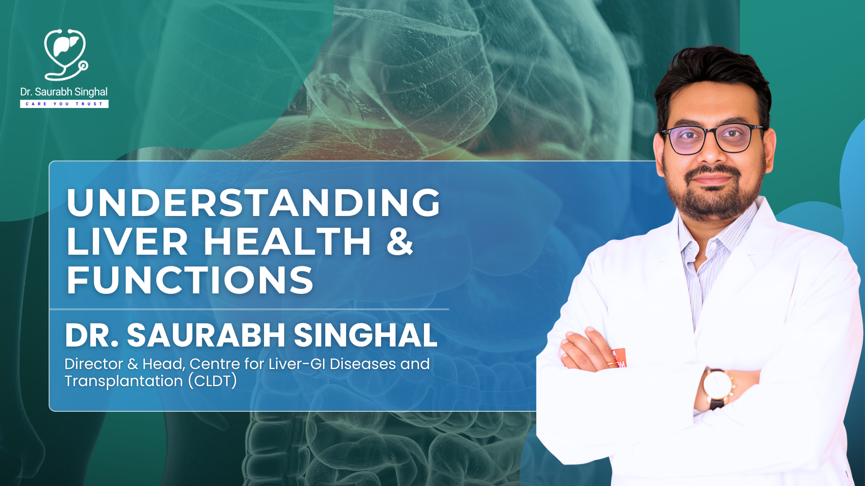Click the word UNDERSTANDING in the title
[x=253, y=203]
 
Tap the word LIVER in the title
[x=127, y=242]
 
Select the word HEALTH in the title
[x=287, y=242]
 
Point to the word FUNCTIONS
[x=190, y=281]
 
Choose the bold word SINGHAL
[x=365, y=335]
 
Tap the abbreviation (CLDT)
[x=213, y=381]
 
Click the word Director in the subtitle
[x=94, y=364]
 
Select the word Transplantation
[x=123, y=381]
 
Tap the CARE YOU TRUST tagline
[x=64, y=104]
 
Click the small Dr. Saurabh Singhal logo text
[x=64, y=92]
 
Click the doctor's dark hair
[x=712, y=76]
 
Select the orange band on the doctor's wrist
[x=619, y=358]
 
